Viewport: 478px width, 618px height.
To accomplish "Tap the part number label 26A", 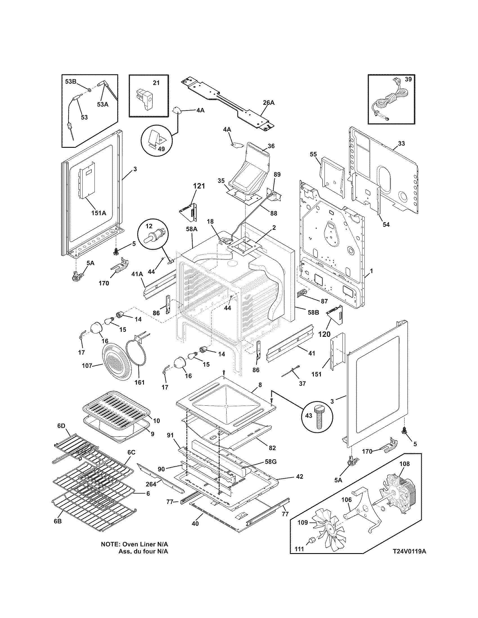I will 269,103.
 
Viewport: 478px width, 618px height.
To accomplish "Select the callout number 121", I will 199,186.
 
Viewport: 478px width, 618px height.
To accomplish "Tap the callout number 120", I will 324,334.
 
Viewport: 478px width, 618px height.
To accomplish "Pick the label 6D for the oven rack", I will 62,434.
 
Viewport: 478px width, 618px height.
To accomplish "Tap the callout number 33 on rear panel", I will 401,144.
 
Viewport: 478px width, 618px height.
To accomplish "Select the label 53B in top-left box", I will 71,82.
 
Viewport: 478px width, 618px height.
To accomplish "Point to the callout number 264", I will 151,484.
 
